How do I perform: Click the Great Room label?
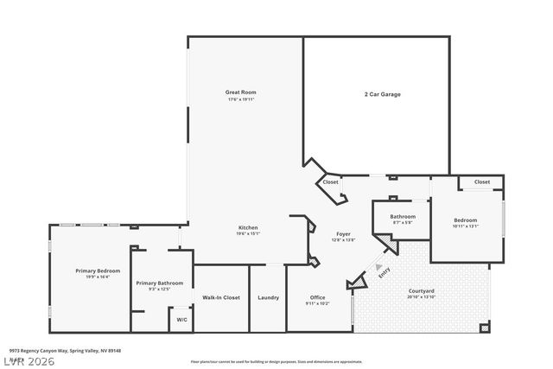click(x=241, y=92)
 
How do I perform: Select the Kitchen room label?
click(x=248, y=227)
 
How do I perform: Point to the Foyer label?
click(x=343, y=234)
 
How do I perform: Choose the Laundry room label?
click(x=268, y=297)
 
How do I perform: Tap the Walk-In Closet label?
click(x=221, y=297)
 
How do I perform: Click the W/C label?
click(x=181, y=320)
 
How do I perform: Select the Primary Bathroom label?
click(x=159, y=283)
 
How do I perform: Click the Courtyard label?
click(x=421, y=290)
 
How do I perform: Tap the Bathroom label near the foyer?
click(x=403, y=216)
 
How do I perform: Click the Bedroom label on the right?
click(x=465, y=220)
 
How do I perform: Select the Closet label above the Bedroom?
click(x=481, y=182)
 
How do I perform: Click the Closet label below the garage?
click(x=330, y=182)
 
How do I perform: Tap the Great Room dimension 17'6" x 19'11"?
click(x=241, y=99)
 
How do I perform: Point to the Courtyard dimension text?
click(x=421, y=297)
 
